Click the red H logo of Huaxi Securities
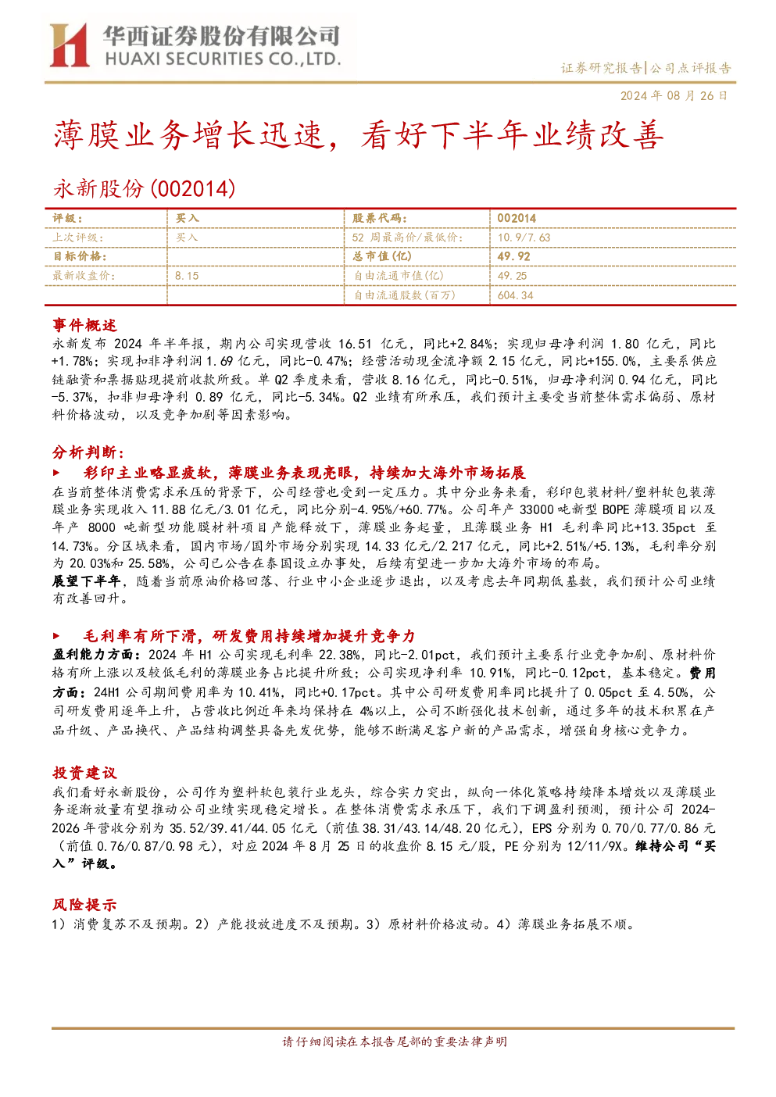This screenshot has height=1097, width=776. point(70,45)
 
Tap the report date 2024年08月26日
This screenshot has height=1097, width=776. point(674,95)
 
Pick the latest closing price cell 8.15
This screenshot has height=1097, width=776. point(187,276)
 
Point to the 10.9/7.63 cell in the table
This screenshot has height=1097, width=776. point(524,238)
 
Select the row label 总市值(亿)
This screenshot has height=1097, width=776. point(382,256)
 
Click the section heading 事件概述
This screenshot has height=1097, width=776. point(84,325)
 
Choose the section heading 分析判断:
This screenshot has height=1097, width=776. point(88,452)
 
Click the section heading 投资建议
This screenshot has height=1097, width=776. point(84,773)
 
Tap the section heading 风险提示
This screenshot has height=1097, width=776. point(84,905)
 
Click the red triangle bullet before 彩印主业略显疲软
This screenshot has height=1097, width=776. point(56,473)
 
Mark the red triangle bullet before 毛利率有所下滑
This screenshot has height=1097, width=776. point(56,636)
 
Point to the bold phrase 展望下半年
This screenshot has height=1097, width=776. point(86,581)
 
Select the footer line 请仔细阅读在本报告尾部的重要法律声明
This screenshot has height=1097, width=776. point(395,1042)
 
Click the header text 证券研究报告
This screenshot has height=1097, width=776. point(601,68)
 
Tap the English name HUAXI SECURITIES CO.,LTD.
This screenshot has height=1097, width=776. point(223,59)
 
